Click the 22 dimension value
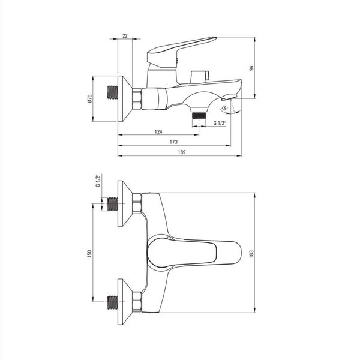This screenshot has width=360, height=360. [125, 36]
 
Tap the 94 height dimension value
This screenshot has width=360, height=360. [251, 68]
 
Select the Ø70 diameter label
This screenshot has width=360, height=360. [89, 99]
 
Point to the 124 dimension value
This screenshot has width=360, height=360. [158, 131]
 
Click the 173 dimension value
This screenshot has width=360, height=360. [173, 142]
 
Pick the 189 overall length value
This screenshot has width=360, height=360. [182, 152]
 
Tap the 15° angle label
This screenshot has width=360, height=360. [224, 108]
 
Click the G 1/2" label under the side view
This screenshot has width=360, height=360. [220, 123]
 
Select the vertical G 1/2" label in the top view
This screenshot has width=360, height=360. [98, 181]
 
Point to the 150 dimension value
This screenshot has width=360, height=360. [89, 253]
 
